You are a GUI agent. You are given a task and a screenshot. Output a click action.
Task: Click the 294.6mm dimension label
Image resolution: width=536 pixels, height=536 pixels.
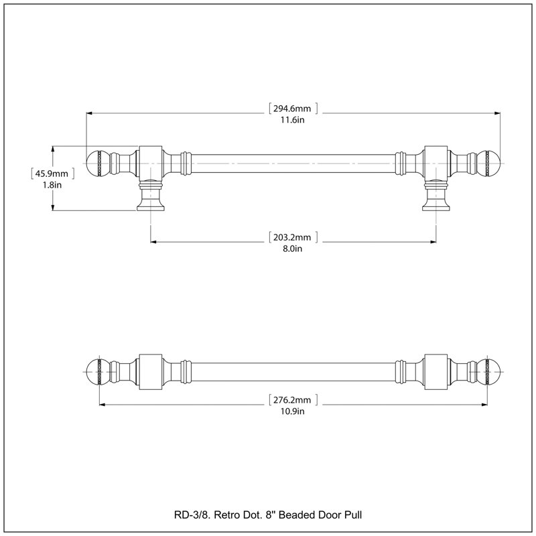pos(292,109)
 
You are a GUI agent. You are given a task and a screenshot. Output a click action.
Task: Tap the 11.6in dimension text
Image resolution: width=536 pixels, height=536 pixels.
pos(293,120)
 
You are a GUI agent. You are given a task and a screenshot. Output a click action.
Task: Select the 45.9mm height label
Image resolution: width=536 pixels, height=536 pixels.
pos(52,174)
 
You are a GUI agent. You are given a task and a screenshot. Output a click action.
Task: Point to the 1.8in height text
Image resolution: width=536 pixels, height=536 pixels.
pos(52,185)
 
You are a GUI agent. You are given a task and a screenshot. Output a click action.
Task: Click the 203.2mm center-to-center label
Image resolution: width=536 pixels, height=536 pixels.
pos(292,237)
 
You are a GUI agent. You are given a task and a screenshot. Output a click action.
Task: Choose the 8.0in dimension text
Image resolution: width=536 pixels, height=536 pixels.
pos(293,249)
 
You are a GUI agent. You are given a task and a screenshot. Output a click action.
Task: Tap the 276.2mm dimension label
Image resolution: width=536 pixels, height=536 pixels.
pos(292,400)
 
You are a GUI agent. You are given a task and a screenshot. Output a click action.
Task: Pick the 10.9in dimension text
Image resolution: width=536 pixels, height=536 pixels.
pos(293,411)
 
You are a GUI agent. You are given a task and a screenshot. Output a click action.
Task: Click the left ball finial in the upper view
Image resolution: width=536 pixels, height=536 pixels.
pos(97,163)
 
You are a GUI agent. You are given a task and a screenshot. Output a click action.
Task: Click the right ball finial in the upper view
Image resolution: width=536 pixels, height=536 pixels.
pos(488,163)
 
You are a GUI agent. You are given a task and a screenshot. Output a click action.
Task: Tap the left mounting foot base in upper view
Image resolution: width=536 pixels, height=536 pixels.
pos(151,206)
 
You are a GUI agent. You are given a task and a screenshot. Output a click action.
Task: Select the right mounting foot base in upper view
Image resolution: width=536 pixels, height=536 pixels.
pos(436,206)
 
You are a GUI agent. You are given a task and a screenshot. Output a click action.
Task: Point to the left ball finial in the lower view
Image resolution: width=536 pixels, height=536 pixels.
pos(97,372)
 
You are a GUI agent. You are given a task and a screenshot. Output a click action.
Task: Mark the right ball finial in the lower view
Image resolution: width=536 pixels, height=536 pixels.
pos(488,372)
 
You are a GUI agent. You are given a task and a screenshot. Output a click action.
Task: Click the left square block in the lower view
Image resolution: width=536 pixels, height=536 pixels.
pos(151,372)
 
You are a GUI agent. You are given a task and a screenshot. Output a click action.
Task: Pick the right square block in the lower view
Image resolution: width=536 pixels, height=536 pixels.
pos(436,372)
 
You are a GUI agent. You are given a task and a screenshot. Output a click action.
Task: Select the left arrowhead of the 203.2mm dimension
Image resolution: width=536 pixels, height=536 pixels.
pos(154,242)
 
